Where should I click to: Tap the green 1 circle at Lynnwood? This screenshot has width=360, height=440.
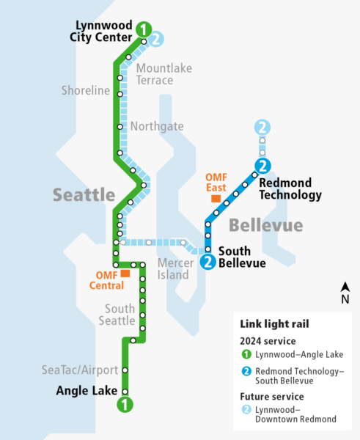pyautogui.click(x=144, y=30)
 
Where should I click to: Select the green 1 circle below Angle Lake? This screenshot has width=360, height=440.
pyautogui.click(x=125, y=403)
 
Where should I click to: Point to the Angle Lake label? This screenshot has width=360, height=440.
pyautogui.click(x=87, y=391)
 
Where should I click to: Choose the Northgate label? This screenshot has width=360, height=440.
pyautogui.click(x=157, y=126)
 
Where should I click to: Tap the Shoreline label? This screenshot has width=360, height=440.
pyautogui.click(x=86, y=91)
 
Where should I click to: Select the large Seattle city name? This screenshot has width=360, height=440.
pyautogui.click(x=84, y=195)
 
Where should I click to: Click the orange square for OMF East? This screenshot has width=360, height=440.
pyautogui.click(x=216, y=198)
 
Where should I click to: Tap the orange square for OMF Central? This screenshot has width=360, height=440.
pyautogui.click(x=125, y=273)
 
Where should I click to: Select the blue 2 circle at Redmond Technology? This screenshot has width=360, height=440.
pyautogui.click(x=262, y=166)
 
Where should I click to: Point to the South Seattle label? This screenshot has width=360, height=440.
pyautogui.click(x=120, y=315)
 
